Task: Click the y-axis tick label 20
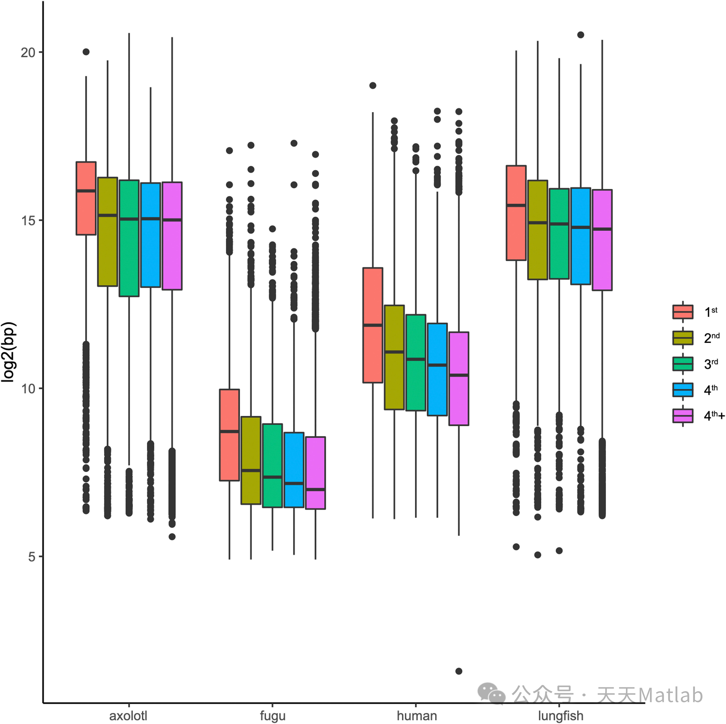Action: [28, 53]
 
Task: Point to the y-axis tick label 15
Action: [28, 221]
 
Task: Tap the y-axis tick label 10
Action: [28, 388]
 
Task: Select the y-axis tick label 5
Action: [32, 556]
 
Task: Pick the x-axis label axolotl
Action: [128, 715]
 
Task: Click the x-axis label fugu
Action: [272, 715]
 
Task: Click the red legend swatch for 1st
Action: [682, 312]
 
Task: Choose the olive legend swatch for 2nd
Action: [682, 338]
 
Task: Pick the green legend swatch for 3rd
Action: [682, 364]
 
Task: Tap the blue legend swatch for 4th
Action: [682, 390]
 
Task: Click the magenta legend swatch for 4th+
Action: [682, 415]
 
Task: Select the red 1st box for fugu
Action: [229, 435]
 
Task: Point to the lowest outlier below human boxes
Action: [458, 671]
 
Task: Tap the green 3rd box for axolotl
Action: [129, 238]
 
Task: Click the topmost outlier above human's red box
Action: [372, 85]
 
